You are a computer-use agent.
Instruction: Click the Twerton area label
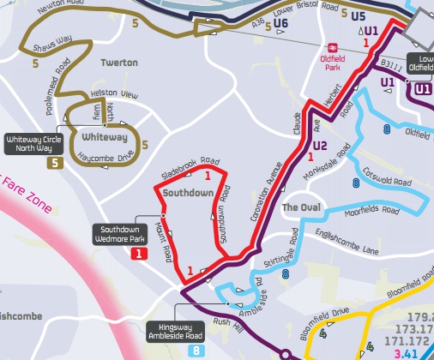coord(118,63)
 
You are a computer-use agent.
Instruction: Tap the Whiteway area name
coord(105,137)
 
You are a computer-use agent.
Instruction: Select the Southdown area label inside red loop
coord(188,194)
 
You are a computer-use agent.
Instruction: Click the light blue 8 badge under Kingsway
coord(196,351)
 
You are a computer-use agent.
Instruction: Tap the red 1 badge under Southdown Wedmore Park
coord(138,254)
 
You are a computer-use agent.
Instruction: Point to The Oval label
coord(300,208)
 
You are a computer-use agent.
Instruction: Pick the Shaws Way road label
coord(51,45)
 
